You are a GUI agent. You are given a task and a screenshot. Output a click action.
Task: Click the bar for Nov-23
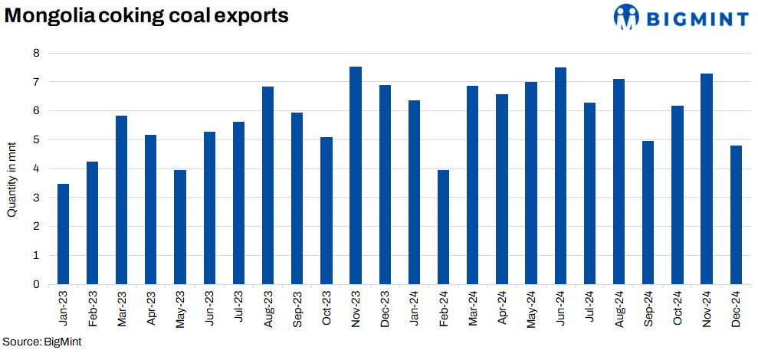click(x=356, y=175)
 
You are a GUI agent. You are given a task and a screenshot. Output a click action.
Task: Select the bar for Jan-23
click(x=64, y=234)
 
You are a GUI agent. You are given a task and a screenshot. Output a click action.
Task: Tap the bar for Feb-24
click(x=443, y=227)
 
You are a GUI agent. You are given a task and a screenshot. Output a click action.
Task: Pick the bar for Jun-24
click(x=560, y=175)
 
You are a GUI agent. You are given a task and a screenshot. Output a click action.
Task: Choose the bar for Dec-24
click(x=736, y=214)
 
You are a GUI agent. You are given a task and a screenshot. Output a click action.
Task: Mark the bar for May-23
click(x=180, y=227)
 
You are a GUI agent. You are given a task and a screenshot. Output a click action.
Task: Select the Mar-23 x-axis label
click(x=122, y=308)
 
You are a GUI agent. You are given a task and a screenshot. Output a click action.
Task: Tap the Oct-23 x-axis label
click(x=326, y=308)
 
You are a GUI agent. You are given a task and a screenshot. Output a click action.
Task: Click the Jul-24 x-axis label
click(x=589, y=308)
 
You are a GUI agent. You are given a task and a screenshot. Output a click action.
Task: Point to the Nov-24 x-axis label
click(x=707, y=308)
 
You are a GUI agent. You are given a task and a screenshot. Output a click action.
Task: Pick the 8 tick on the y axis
click(x=36, y=53)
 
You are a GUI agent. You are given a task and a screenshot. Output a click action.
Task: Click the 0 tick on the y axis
click(x=36, y=284)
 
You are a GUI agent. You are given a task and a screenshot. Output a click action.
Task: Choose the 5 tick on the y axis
click(x=36, y=139)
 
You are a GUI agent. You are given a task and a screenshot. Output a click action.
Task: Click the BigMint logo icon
click(x=626, y=17)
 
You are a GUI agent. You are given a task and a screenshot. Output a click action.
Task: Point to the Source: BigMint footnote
click(x=42, y=342)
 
